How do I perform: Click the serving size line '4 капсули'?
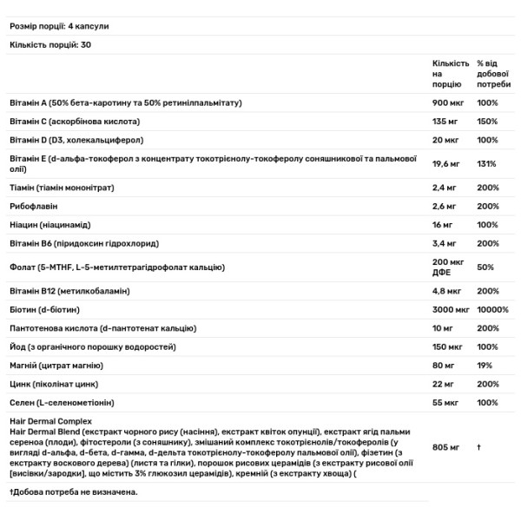pyautogui.click(x=70, y=26)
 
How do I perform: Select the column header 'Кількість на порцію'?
pyautogui.click(x=451, y=75)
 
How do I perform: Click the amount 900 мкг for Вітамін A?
pyautogui.click(x=448, y=103)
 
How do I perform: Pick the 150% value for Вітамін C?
pyautogui.click(x=487, y=122)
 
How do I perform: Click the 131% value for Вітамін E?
pyautogui.click(x=486, y=163)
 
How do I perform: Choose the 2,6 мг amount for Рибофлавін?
pyautogui.click(x=445, y=206)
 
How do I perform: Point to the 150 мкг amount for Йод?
pyautogui.click(x=448, y=346)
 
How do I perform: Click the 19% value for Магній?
pyautogui.click(x=485, y=365)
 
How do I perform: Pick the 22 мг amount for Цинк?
pyautogui.click(x=444, y=383)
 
